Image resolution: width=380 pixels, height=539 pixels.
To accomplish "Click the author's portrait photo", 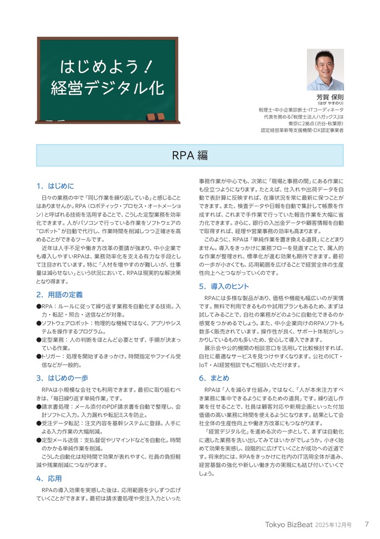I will coord(325,69).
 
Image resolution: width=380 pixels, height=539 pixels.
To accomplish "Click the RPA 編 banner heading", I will coord(190,155).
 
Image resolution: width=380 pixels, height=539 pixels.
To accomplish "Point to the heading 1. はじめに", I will coord(55,186).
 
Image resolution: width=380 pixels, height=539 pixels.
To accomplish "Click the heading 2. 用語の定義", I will coord(60,295).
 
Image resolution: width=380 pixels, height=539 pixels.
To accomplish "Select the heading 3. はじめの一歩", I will coord(62,378).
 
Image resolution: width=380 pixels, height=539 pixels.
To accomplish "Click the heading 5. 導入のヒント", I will coord(224,286).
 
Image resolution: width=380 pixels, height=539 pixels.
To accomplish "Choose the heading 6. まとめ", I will coord(214,378).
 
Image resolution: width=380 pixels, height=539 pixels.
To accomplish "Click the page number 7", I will coord(367,524).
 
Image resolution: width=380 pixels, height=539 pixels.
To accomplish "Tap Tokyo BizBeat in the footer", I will coord(289,525).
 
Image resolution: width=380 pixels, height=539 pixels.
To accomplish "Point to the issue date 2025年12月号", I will coord(334,525).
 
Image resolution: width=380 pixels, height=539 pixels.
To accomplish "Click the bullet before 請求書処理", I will coord(38,407).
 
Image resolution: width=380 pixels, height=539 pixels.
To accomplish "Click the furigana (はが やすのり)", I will coord(330,104).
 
